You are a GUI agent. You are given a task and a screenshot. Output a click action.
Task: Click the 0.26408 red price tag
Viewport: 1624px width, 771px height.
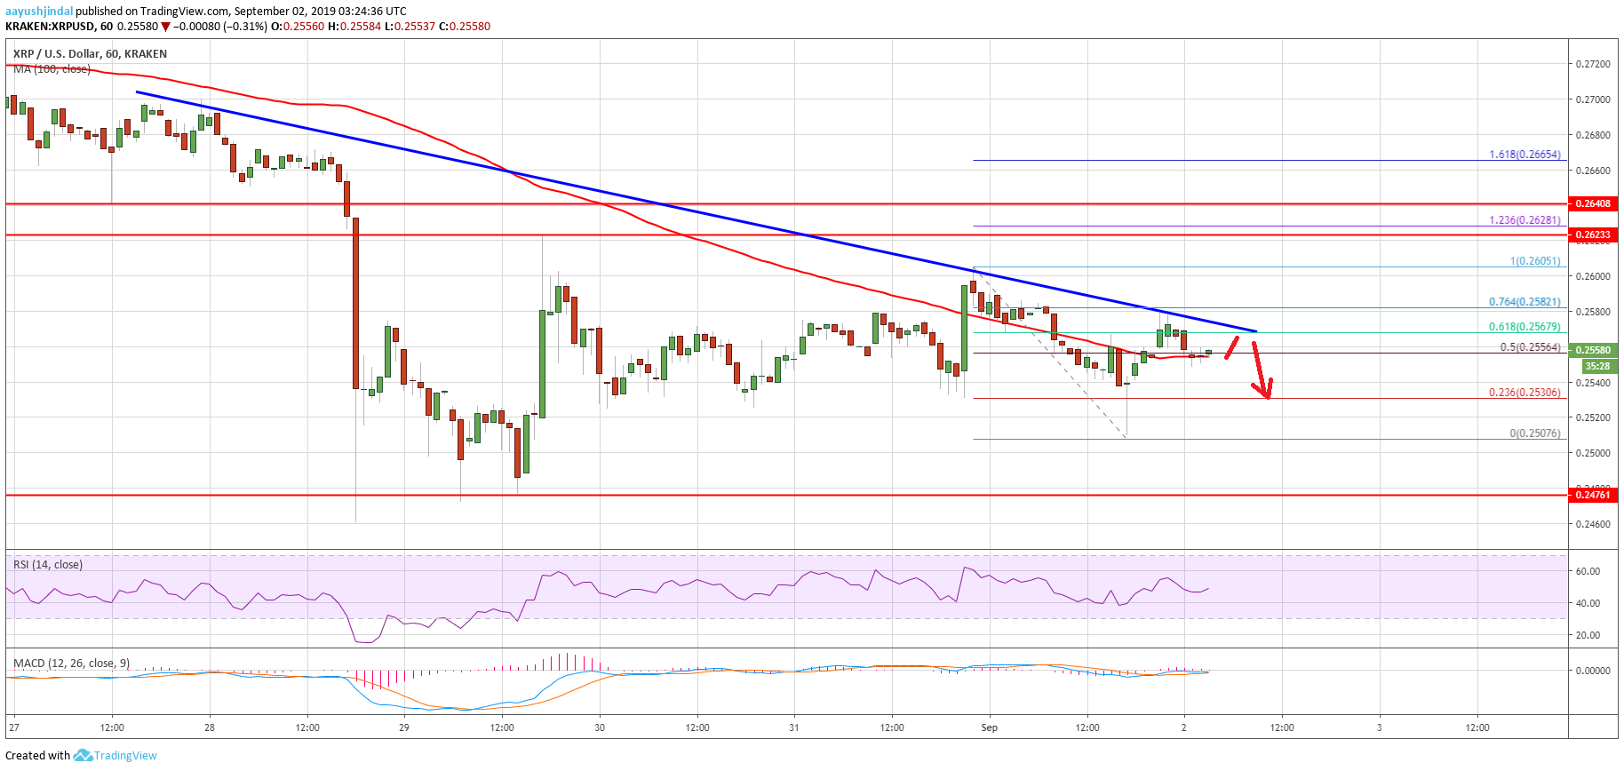click(x=1592, y=203)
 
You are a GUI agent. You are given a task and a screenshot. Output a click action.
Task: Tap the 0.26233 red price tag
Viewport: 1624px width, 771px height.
click(x=1592, y=235)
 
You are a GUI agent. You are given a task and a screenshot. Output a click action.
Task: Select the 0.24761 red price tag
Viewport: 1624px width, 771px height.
click(x=1592, y=495)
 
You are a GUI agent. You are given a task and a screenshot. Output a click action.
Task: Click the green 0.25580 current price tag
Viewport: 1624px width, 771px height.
click(x=1592, y=350)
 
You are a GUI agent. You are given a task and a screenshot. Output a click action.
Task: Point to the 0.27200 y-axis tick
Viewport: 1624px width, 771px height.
click(x=1592, y=64)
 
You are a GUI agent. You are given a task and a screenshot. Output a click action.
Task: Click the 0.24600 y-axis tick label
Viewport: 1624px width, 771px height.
click(x=1592, y=524)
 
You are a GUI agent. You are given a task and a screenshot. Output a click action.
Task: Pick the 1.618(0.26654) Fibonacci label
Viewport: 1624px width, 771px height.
click(x=1524, y=155)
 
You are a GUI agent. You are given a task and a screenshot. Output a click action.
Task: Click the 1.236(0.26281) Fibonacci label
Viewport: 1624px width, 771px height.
click(x=1524, y=220)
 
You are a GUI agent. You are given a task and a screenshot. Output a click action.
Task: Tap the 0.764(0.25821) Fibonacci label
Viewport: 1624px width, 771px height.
click(x=1524, y=302)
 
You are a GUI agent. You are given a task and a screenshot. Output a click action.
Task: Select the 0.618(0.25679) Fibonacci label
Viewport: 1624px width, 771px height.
click(x=1524, y=327)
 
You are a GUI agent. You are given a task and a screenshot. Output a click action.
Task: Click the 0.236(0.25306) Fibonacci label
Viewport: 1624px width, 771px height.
click(x=1524, y=393)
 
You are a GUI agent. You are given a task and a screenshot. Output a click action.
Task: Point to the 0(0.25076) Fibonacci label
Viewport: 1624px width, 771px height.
click(x=1534, y=433)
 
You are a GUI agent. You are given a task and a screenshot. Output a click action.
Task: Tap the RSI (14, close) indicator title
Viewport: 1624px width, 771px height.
click(x=48, y=565)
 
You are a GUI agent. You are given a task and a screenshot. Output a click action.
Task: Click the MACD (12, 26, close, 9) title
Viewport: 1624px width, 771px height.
click(x=71, y=664)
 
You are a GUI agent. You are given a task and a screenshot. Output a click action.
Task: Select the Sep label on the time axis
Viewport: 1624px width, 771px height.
click(x=989, y=727)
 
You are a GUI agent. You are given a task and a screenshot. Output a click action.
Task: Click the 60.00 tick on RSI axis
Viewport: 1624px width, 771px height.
click(x=1587, y=571)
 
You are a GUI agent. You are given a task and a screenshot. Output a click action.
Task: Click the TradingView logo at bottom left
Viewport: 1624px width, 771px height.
click(x=115, y=756)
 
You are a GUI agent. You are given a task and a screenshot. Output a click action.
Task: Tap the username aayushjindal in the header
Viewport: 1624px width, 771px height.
click(x=39, y=12)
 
